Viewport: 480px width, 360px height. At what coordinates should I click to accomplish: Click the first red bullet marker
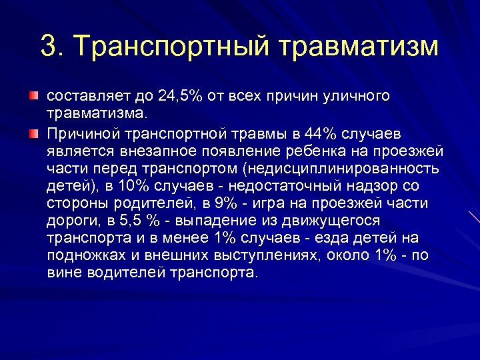pos(33,97)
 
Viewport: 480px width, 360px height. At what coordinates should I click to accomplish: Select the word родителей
pos(150,203)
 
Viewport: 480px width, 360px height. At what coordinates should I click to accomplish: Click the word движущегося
pos(340,221)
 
